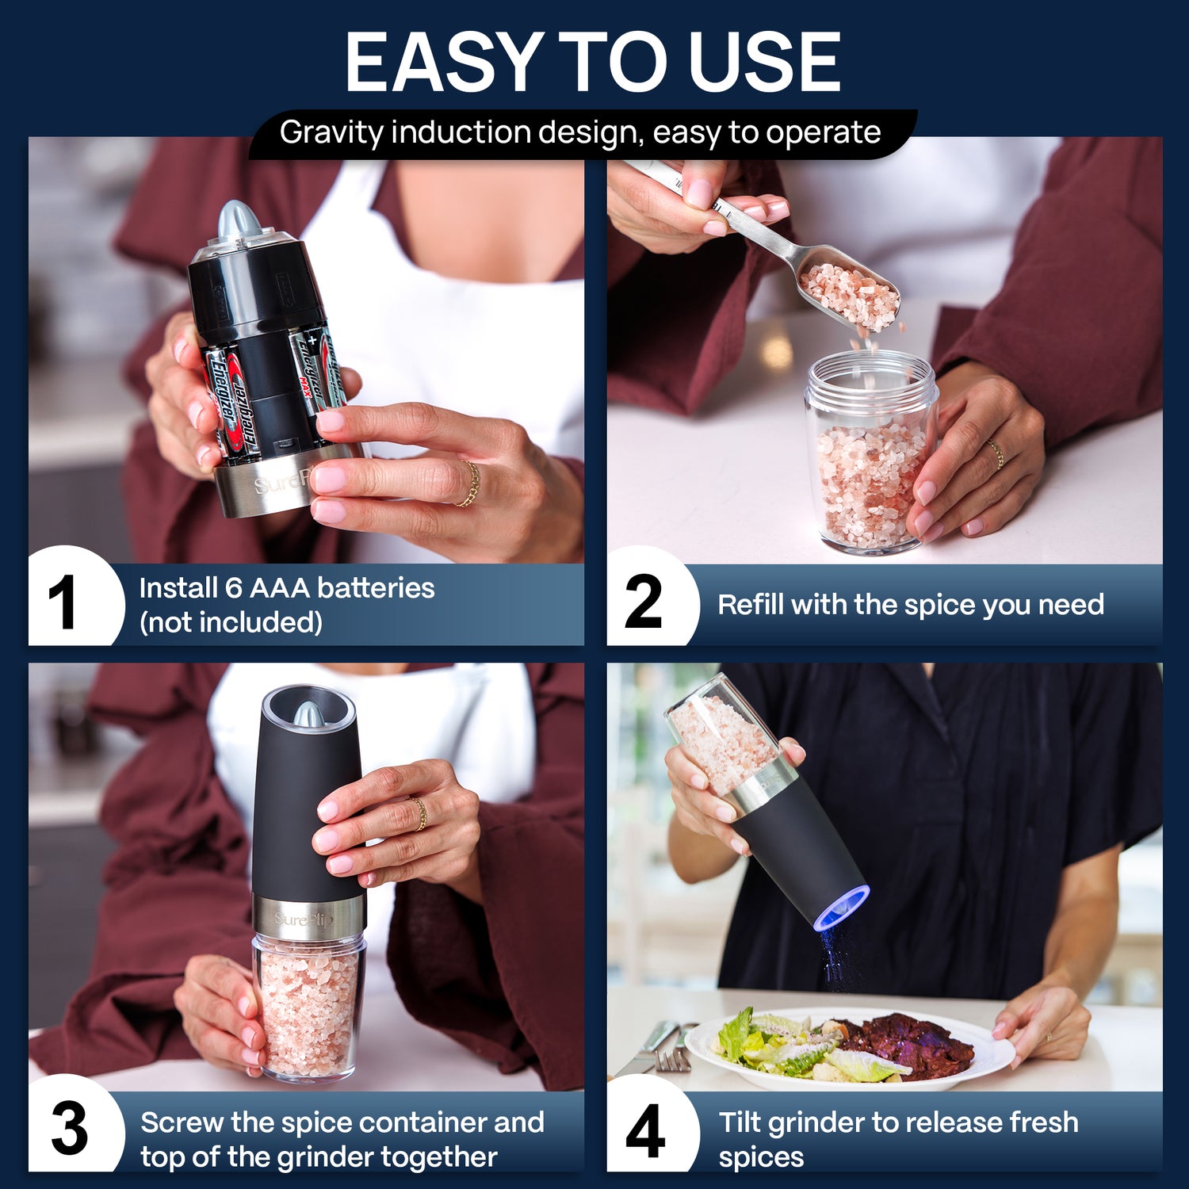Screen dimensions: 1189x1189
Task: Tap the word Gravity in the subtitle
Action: point(331,132)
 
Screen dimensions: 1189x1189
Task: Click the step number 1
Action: point(62,602)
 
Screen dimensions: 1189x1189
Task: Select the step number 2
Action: point(643,602)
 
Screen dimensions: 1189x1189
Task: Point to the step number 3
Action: point(70,1129)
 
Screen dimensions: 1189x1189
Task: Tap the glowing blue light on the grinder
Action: point(842,908)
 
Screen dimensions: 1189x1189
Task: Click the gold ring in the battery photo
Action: point(469,484)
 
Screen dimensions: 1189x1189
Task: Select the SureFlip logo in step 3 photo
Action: point(304,919)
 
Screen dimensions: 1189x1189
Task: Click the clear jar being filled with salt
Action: point(870,452)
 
